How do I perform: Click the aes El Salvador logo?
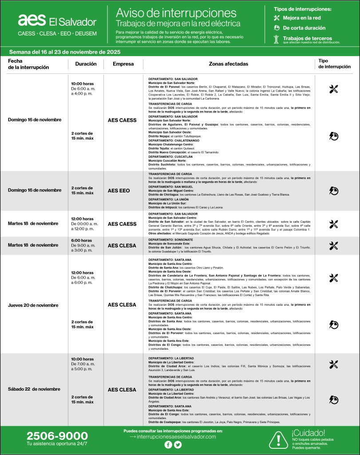57,20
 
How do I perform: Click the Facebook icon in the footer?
168,445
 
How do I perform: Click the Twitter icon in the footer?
178,445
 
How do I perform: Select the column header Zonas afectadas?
229,64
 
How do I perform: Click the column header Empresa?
123,64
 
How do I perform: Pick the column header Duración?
86,64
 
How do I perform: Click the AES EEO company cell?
119,191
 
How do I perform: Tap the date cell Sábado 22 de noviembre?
34,389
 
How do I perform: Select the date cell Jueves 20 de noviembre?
33,305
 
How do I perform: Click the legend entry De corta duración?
304,28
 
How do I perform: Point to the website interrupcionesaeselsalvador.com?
176,437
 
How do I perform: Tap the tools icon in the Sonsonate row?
334,246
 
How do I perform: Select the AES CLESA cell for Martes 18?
122,245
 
